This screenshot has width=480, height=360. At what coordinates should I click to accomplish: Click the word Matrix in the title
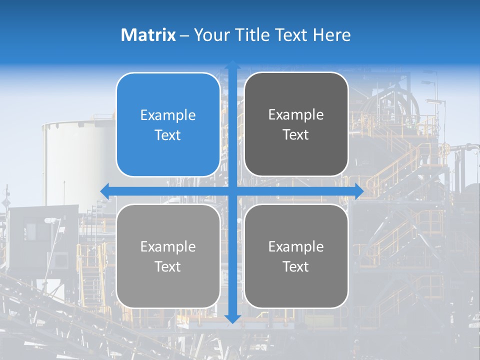(x=148, y=35)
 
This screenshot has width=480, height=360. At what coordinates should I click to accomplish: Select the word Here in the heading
(x=331, y=35)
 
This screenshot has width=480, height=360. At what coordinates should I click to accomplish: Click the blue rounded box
(x=168, y=124)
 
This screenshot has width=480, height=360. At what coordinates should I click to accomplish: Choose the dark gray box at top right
(x=296, y=124)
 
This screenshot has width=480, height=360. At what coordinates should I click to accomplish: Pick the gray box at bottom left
(x=168, y=256)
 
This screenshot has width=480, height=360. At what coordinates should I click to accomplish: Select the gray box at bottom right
(x=296, y=256)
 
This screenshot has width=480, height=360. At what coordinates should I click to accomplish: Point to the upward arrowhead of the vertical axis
(x=232, y=65)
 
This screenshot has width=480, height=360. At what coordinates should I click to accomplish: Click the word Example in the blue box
(x=168, y=115)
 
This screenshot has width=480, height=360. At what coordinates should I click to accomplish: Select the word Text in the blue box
(x=168, y=135)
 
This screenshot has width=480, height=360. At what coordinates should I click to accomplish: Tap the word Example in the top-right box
(x=296, y=115)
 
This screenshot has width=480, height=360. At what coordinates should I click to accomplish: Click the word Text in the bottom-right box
(x=296, y=266)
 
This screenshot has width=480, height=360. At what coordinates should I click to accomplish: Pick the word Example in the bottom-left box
(x=168, y=246)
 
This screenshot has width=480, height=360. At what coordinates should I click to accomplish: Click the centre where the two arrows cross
(x=232, y=191)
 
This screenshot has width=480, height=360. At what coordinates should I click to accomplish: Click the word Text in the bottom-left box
(x=168, y=266)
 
